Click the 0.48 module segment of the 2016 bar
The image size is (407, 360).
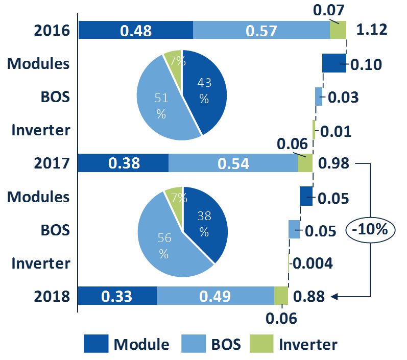click(x=135, y=30)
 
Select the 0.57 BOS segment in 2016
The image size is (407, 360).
click(x=261, y=30)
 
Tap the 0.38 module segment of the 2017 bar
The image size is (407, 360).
click(x=123, y=163)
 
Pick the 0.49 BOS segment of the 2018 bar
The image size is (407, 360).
click(x=215, y=296)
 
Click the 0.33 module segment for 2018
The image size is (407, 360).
click(x=117, y=296)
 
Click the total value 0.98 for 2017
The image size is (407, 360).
click(x=333, y=163)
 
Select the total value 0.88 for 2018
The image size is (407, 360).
click(x=309, y=296)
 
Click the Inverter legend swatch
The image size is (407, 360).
click(x=262, y=344)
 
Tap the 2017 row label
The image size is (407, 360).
click(x=52, y=163)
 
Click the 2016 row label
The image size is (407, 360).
click(x=52, y=31)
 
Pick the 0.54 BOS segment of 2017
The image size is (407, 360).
click(x=233, y=163)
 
